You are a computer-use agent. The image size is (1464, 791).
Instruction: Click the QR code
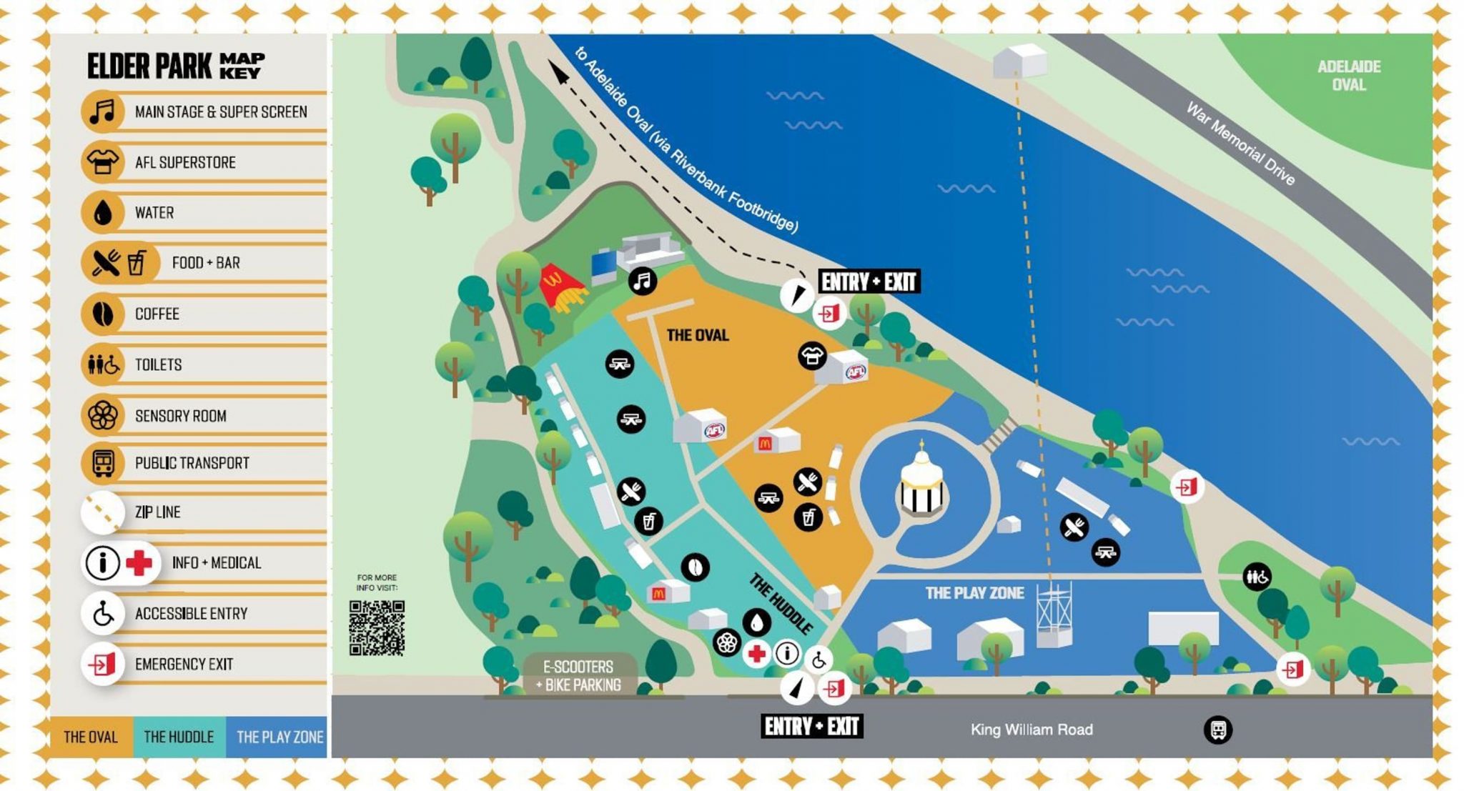click(377, 627)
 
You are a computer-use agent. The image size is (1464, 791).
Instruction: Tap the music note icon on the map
click(642, 281)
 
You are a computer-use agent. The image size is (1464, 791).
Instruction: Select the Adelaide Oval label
click(1348, 76)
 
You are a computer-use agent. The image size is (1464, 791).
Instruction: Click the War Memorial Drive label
click(1240, 143)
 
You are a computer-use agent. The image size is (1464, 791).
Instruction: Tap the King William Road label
click(1031, 730)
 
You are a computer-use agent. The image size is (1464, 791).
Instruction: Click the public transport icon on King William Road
click(1217, 730)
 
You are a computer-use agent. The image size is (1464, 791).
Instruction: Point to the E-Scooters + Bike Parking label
click(578, 675)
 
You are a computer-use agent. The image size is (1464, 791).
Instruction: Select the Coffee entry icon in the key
click(103, 314)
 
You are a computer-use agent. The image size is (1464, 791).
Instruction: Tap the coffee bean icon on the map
click(695, 567)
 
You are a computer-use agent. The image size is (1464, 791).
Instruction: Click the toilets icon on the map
click(1257, 576)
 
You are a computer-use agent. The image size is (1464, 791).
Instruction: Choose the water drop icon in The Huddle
click(756, 622)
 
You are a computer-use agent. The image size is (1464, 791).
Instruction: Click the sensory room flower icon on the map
click(726, 642)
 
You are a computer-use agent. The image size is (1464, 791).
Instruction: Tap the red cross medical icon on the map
click(756, 653)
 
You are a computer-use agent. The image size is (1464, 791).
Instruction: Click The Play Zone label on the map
click(974, 593)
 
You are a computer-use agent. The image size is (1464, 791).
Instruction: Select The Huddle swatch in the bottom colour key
click(179, 737)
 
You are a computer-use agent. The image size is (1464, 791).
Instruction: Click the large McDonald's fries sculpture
click(561, 288)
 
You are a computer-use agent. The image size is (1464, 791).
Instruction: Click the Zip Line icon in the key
click(103, 512)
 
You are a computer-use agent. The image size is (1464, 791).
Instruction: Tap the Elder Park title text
click(149, 66)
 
